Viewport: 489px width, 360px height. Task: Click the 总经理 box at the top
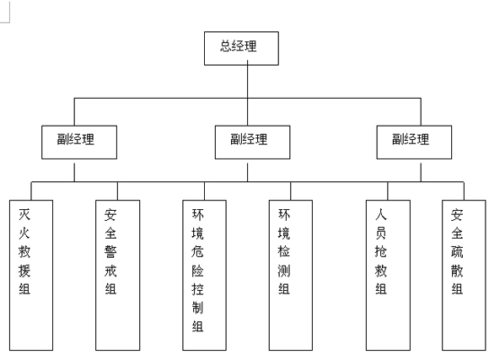click(241, 48)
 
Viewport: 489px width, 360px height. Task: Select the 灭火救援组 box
click(31, 275)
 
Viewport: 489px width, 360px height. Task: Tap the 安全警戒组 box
click(117, 275)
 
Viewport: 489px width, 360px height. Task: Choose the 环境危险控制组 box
click(204, 275)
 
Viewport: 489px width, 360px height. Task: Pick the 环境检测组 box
click(291, 275)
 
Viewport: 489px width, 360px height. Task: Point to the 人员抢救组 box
click(388, 275)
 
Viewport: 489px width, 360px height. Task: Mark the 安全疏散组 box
click(464, 275)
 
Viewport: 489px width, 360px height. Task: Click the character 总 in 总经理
click(226, 46)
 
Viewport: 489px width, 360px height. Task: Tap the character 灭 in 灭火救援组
click(24, 214)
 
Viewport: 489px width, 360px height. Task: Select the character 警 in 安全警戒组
click(110, 252)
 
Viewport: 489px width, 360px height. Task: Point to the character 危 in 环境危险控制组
click(198, 252)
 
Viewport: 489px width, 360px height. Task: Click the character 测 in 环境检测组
click(284, 271)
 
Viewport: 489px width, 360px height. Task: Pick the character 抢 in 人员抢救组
click(381, 252)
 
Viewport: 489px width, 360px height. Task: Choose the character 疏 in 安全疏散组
click(457, 252)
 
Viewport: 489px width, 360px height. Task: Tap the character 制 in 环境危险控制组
click(198, 308)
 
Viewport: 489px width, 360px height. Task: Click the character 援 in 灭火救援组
click(24, 271)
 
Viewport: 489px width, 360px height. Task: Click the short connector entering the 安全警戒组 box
click(117, 191)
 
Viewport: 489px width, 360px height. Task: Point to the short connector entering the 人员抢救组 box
click(388, 191)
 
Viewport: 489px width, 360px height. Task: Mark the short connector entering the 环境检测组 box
click(291, 191)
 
